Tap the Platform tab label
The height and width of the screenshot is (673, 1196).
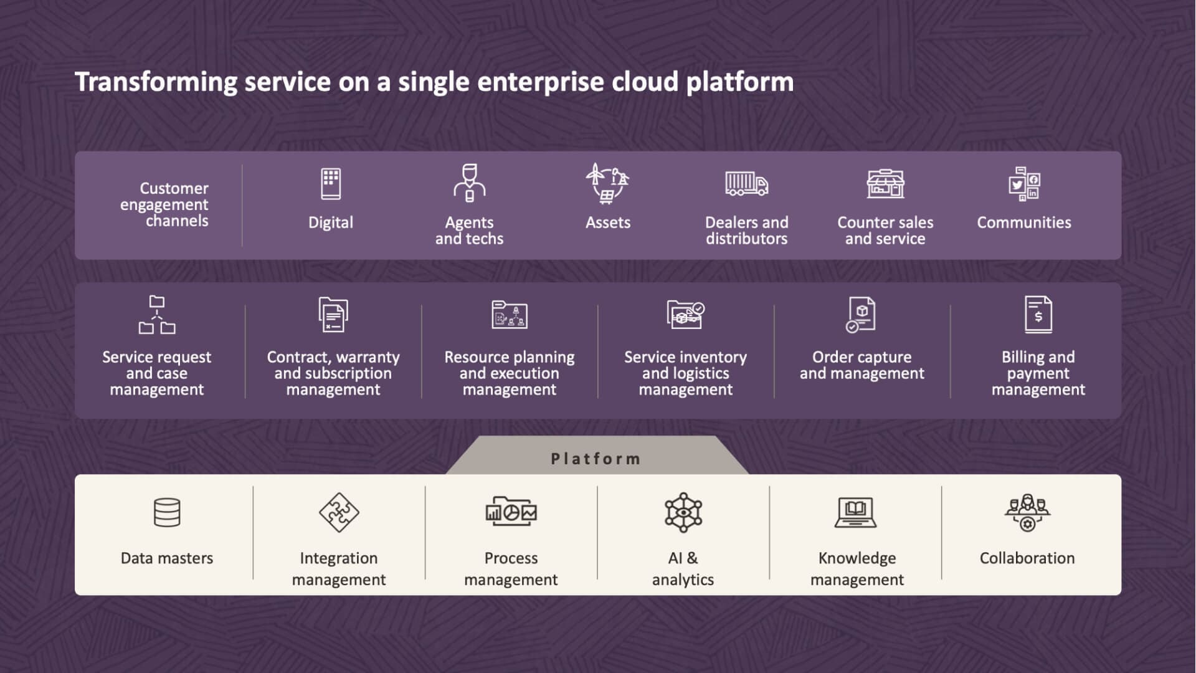[x=596, y=459]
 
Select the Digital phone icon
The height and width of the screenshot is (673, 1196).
[x=331, y=184]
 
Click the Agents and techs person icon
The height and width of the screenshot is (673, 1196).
[x=469, y=183]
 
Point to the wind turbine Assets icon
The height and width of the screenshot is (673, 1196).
[x=607, y=184]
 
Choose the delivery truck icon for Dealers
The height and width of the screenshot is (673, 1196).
[x=746, y=184]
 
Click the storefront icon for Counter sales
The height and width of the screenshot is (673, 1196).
[x=885, y=184]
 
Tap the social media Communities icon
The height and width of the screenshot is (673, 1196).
[x=1024, y=184]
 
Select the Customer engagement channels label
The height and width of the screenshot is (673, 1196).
[x=165, y=204]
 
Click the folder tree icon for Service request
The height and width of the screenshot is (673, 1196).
[x=157, y=315]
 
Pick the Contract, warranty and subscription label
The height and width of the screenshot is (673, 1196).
[x=333, y=373]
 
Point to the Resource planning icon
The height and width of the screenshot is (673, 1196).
[x=510, y=315]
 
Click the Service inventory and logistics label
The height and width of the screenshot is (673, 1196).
[x=686, y=373]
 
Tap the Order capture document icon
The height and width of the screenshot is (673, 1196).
[x=861, y=315]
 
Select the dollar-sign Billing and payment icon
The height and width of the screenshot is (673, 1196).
[x=1038, y=315]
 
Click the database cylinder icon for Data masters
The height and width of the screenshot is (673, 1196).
[x=167, y=513]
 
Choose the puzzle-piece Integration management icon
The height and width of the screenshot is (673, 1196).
[x=339, y=513]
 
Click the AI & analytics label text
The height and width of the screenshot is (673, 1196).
[x=683, y=568]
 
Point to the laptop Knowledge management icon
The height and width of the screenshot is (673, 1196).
[x=856, y=513]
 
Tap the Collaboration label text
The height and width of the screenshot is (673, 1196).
[x=1027, y=558]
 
